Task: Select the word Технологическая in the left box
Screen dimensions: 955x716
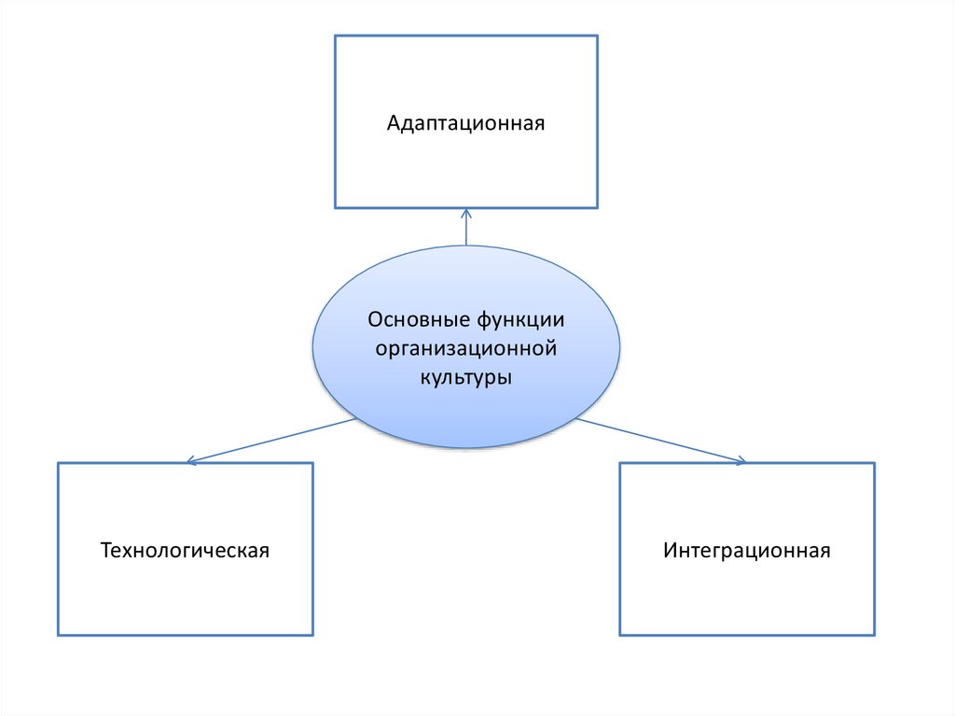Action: click(x=185, y=550)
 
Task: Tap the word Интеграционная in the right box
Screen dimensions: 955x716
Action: click(x=747, y=550)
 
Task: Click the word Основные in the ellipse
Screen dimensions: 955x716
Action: click(x=417, y=320)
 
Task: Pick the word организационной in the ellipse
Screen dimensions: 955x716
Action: click(x=465, y=349)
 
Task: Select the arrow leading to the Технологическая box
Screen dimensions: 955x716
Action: click(x=270, y=440)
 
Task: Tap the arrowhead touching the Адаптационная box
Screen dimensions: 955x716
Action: click(x=466, y=213)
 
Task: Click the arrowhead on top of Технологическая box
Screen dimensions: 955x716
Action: click(x=191, y=460)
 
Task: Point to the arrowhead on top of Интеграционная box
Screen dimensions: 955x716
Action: click(x=740, y=459)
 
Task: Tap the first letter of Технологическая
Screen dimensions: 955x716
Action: click(x=106, y=550)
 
